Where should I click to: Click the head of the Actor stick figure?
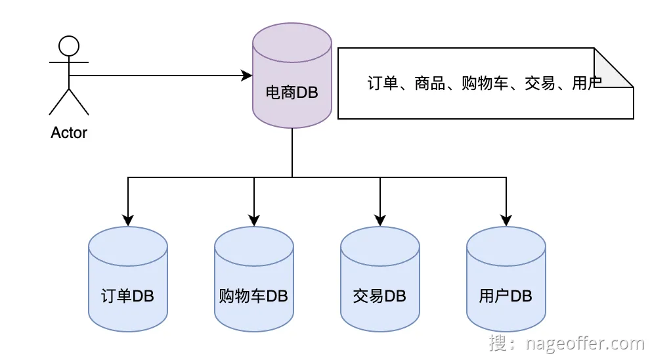coord(69,45)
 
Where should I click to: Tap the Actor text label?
coord(69,133)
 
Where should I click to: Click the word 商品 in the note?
coord(430,84)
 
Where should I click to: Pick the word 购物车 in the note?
coord(485,84)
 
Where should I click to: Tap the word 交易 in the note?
coord(540,84)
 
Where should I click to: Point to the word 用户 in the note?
coord(586,84)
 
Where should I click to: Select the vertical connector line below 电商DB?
coord(292,152)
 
